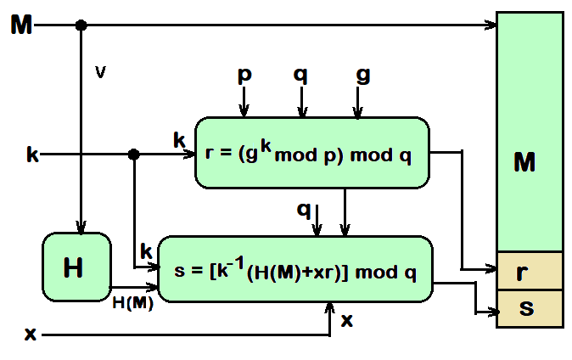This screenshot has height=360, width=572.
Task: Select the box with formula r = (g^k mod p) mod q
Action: pyautogui.click(x=312, y=153)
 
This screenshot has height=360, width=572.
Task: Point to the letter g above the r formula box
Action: pyautogui.click(x=362, y=76)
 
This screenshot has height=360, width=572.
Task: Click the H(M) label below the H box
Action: pyautogui.click(x=133, y=303)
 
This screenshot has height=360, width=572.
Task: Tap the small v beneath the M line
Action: pyautogui.click(x=100, y=73)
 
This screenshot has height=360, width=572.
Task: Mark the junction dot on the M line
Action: pyautogui.click(x=81, y=25)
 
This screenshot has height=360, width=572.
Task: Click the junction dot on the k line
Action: pyautogui.click(x=133, y=155)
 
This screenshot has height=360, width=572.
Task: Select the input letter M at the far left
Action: pyautogui.click(x=22, y=25)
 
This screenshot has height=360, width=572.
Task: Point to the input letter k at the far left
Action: pyautogui.click(x=32, y=155)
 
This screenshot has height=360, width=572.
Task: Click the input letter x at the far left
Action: pyautogui.click(x=31, y=335)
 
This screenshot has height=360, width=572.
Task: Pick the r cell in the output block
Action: pyautogui.click(x=530, y=272)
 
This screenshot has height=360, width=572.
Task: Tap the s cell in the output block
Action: pyautogui.click(x=530, y=308)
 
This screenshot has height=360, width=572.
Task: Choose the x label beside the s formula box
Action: pyautogui.click(x=346, y=321)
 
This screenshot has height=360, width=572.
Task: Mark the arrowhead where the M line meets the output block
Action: pyautogui.click(x=491, y=25)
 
